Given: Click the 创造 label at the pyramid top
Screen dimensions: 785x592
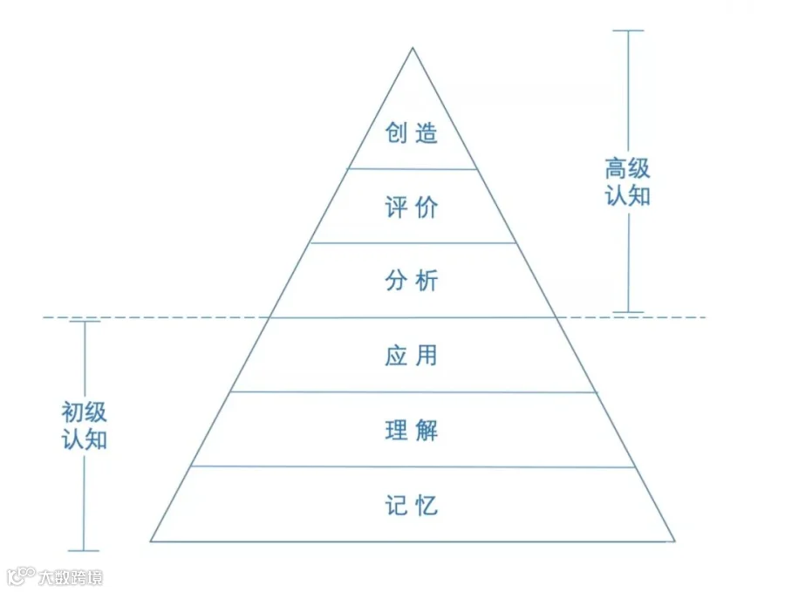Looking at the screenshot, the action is click(x=411, y=133).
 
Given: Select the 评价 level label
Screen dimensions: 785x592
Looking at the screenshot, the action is click(x=411, y=208).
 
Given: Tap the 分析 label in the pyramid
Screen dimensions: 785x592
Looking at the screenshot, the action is click(x=411, y=282).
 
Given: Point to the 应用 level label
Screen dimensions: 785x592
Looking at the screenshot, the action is click(x=411, y=356).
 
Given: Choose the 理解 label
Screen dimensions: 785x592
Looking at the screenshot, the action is click(x=411, y=431).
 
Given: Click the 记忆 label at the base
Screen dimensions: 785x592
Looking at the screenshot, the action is click(x=411, y=505).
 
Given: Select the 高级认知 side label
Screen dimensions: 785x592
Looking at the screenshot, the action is click(x=628, y=181).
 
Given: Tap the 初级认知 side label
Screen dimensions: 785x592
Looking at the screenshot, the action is click(x=85, y=425).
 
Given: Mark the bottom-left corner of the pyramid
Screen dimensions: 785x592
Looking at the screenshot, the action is click(x=151, y=541).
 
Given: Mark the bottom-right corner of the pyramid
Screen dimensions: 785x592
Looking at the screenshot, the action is click(x=674, y=541).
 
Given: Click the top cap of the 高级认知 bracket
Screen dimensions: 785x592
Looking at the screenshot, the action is click(x=628, y=31).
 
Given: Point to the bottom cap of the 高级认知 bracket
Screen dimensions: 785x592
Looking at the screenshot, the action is click(x=628, y=311).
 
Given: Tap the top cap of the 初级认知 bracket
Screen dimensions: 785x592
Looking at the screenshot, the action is click(x=85, y=322).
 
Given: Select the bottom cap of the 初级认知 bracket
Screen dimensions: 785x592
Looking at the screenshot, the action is click(x=85, y=550).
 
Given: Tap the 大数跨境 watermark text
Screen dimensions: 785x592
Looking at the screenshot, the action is click(x=70, y=576).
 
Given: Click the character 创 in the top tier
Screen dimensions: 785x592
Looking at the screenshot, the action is click(x=397, y=133).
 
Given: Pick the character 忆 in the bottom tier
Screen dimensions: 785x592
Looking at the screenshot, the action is click(x=426, y=505).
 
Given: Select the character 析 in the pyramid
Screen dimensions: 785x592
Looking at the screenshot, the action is click(x=426, y=282).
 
